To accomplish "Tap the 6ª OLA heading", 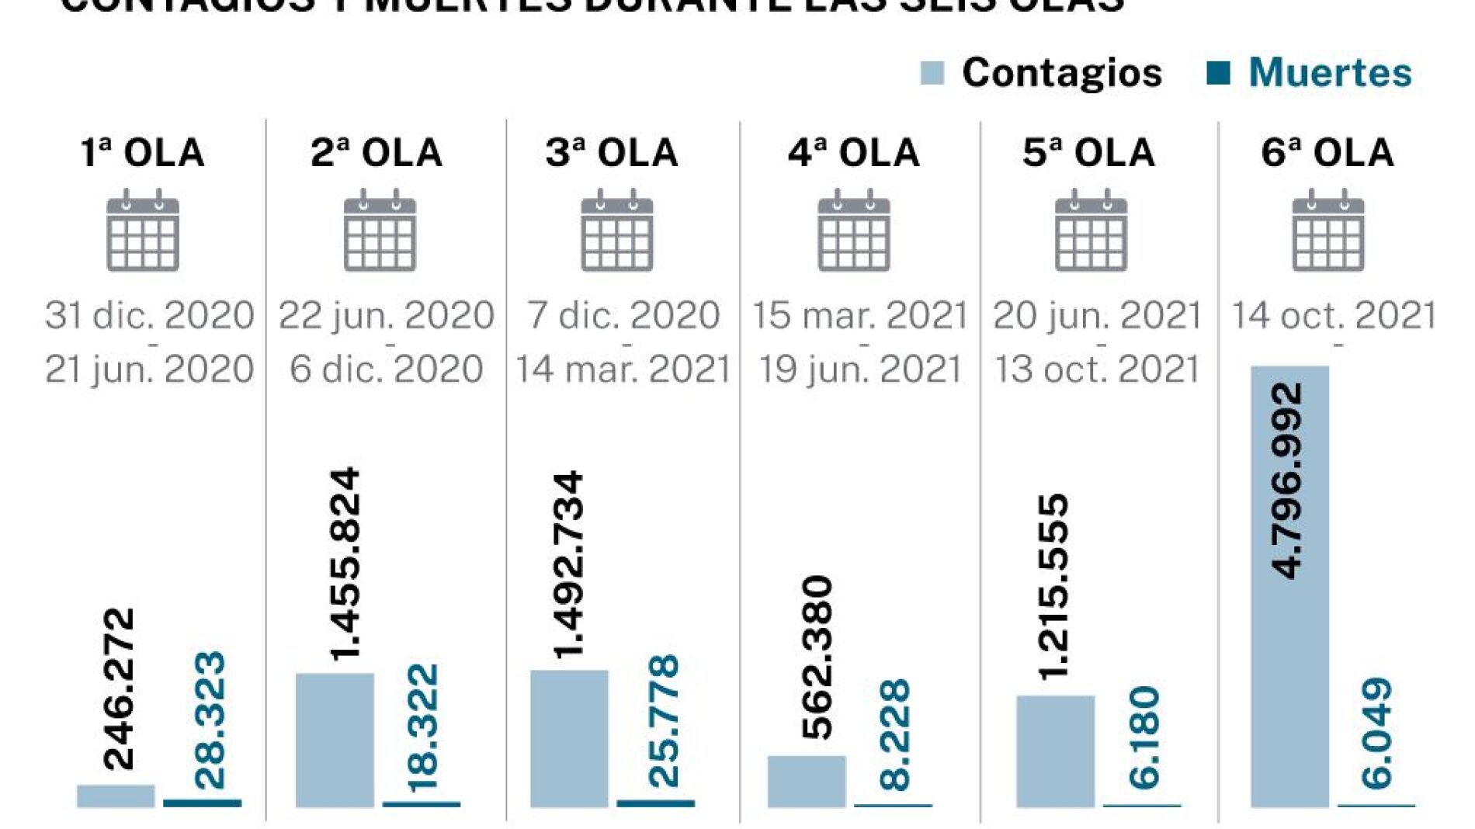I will click(x=1327, y=152).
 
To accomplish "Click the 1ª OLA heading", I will click(x=143, y=152).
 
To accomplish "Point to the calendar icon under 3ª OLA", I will click(x=617, y=231).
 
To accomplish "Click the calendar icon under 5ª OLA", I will click(x=1091, y=231).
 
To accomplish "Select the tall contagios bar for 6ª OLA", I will click(x=1289, y=586).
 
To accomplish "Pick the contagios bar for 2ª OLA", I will click(x=335, y=740).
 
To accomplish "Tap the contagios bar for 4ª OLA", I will click(x=807, y=781).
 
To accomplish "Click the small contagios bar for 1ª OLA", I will click(x=116, y=796).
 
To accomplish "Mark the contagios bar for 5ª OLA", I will click(x=1055, y=751).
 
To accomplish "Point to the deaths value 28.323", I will click(x=210, y=720).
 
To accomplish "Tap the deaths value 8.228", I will click(x=895, y=734).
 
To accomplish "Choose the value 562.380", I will click(x=817, y=657).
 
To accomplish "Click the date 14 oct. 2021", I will click(x=1334, y=315).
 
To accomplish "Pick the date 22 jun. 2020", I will click(x=386, y=315).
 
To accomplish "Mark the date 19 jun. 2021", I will click(x=860, y=369).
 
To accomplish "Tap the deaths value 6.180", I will click(x=1144, y=737).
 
